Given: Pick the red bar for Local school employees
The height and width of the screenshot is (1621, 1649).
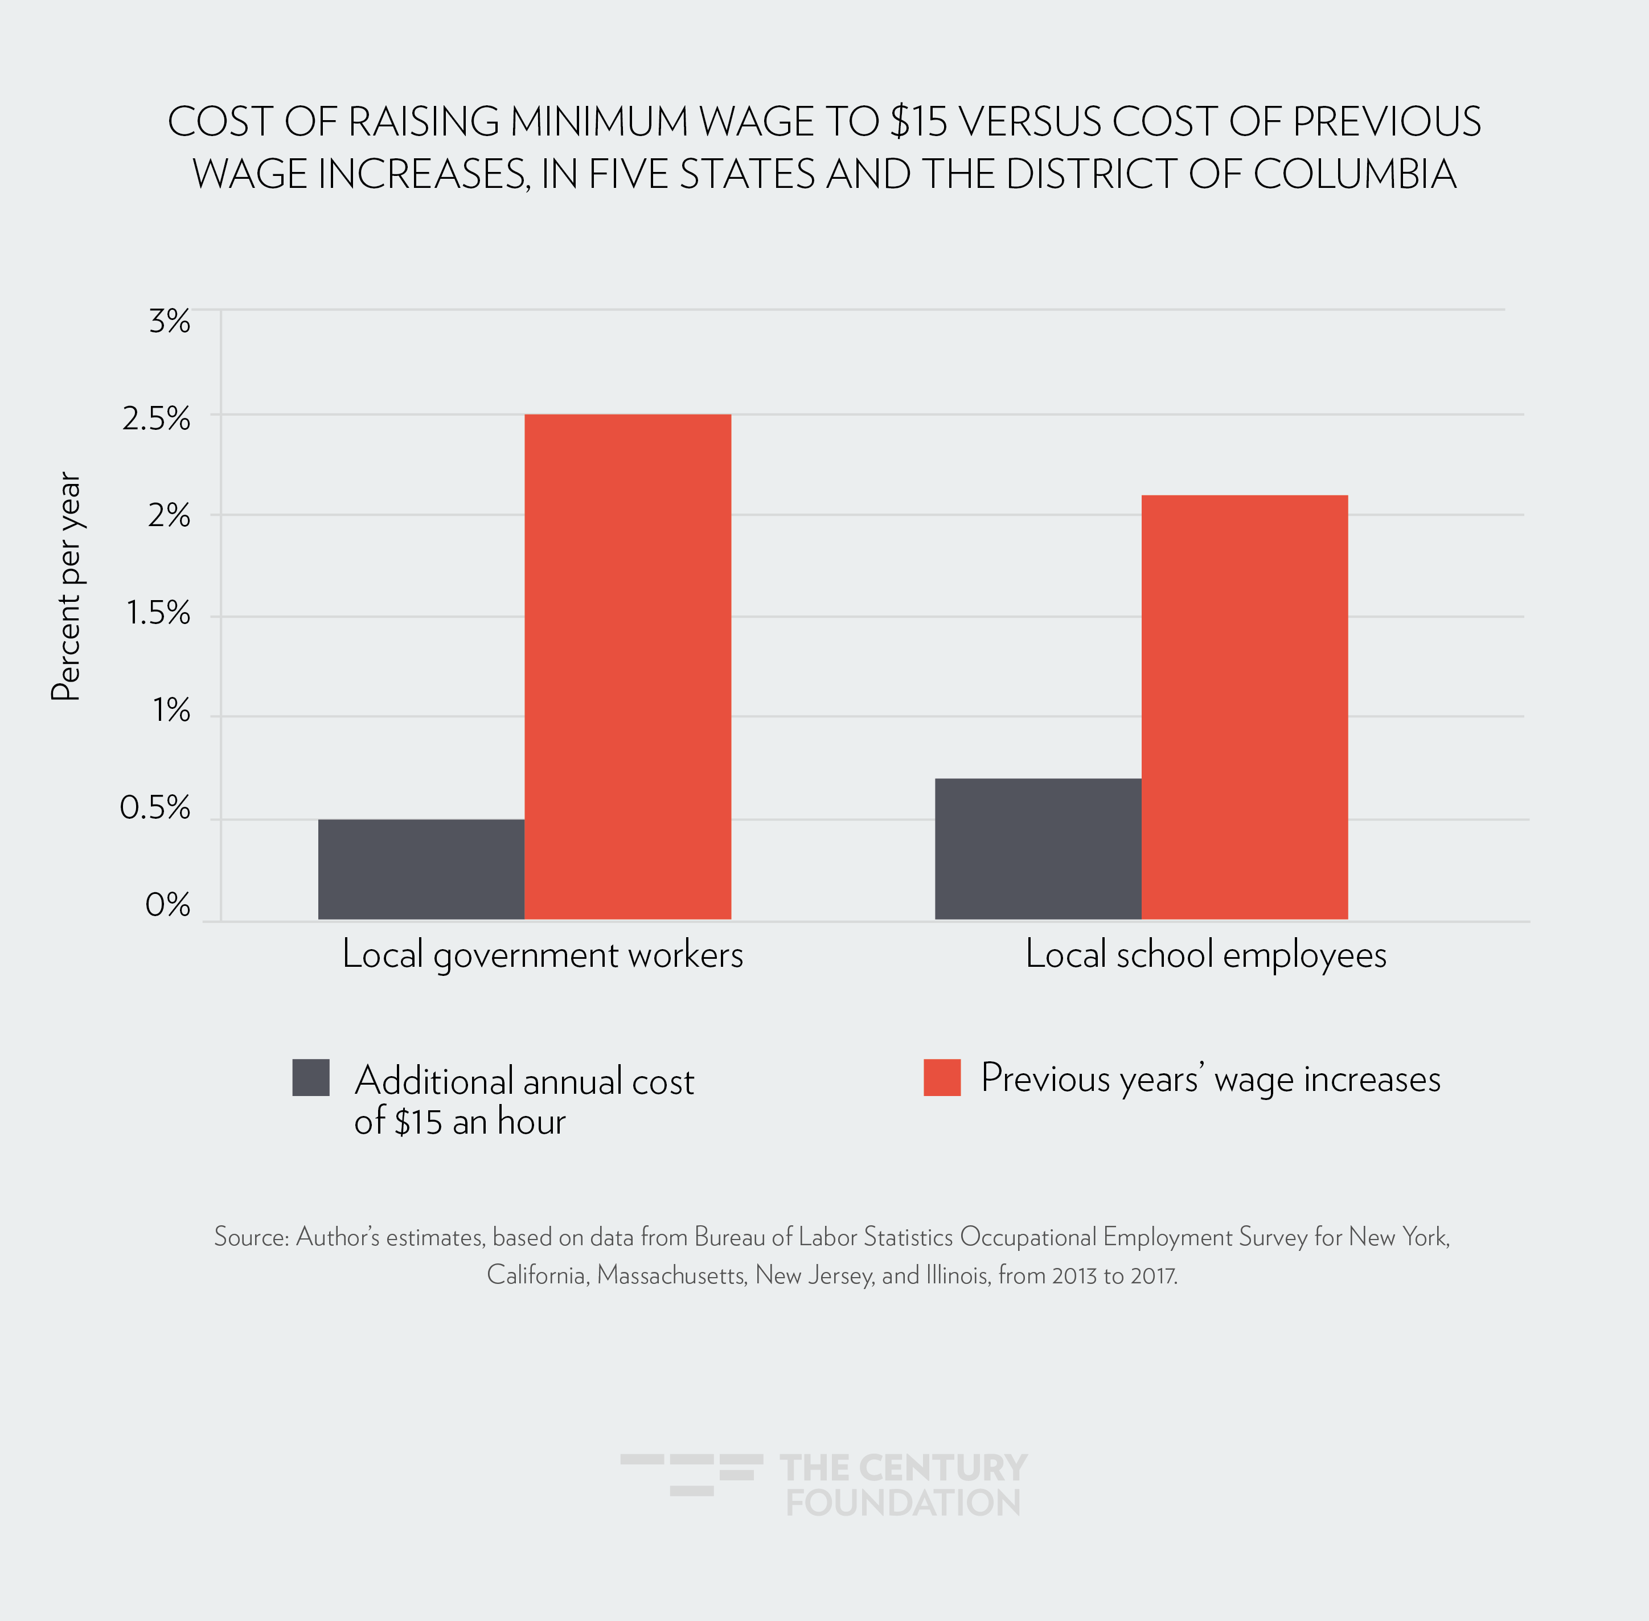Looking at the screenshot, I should pos(1244,707).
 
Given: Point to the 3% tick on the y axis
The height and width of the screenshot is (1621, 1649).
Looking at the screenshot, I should pos(170,322).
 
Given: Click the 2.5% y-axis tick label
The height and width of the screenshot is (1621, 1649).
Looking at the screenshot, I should pos(157,419).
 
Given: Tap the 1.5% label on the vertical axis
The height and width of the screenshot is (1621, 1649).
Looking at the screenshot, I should pos(158,613).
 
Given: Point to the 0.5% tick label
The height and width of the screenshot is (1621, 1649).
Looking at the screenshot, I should pos(155,808).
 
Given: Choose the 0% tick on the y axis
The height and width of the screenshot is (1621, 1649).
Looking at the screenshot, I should pos(168,904).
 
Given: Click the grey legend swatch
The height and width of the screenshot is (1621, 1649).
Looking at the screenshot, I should pos(311,1077).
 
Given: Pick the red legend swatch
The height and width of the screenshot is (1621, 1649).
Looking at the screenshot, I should pos(942,1077).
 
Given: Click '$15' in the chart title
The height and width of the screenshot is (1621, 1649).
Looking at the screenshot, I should pos(918,122).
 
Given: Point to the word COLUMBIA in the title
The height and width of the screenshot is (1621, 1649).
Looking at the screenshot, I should pos(1355,175).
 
